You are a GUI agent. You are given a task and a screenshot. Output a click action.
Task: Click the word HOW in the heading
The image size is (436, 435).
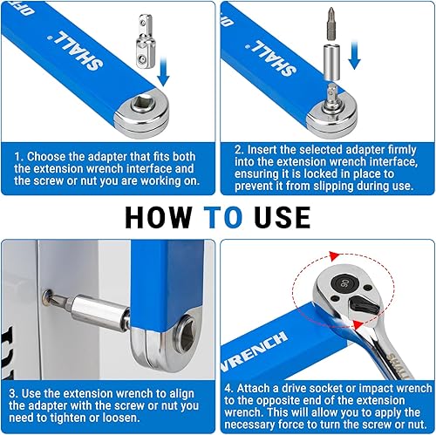coord(159,217)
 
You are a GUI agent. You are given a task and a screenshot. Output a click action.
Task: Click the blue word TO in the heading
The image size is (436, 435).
coord(223,217)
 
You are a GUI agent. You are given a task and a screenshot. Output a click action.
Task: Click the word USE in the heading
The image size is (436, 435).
coord(283,217)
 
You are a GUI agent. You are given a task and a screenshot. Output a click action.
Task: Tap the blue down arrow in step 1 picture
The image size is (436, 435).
coord(163,71)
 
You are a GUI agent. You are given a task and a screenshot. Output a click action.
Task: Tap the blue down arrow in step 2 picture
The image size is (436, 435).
coord(354,55)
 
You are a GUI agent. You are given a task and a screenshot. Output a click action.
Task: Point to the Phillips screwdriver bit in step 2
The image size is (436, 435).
coord(330,24)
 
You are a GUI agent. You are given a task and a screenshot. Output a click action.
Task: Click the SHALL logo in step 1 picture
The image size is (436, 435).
coord(76,51)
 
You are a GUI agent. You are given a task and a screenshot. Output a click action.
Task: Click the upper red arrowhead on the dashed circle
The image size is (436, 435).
coord(334,256)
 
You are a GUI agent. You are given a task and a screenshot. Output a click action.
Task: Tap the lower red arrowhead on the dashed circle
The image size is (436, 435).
coord(358,324)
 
